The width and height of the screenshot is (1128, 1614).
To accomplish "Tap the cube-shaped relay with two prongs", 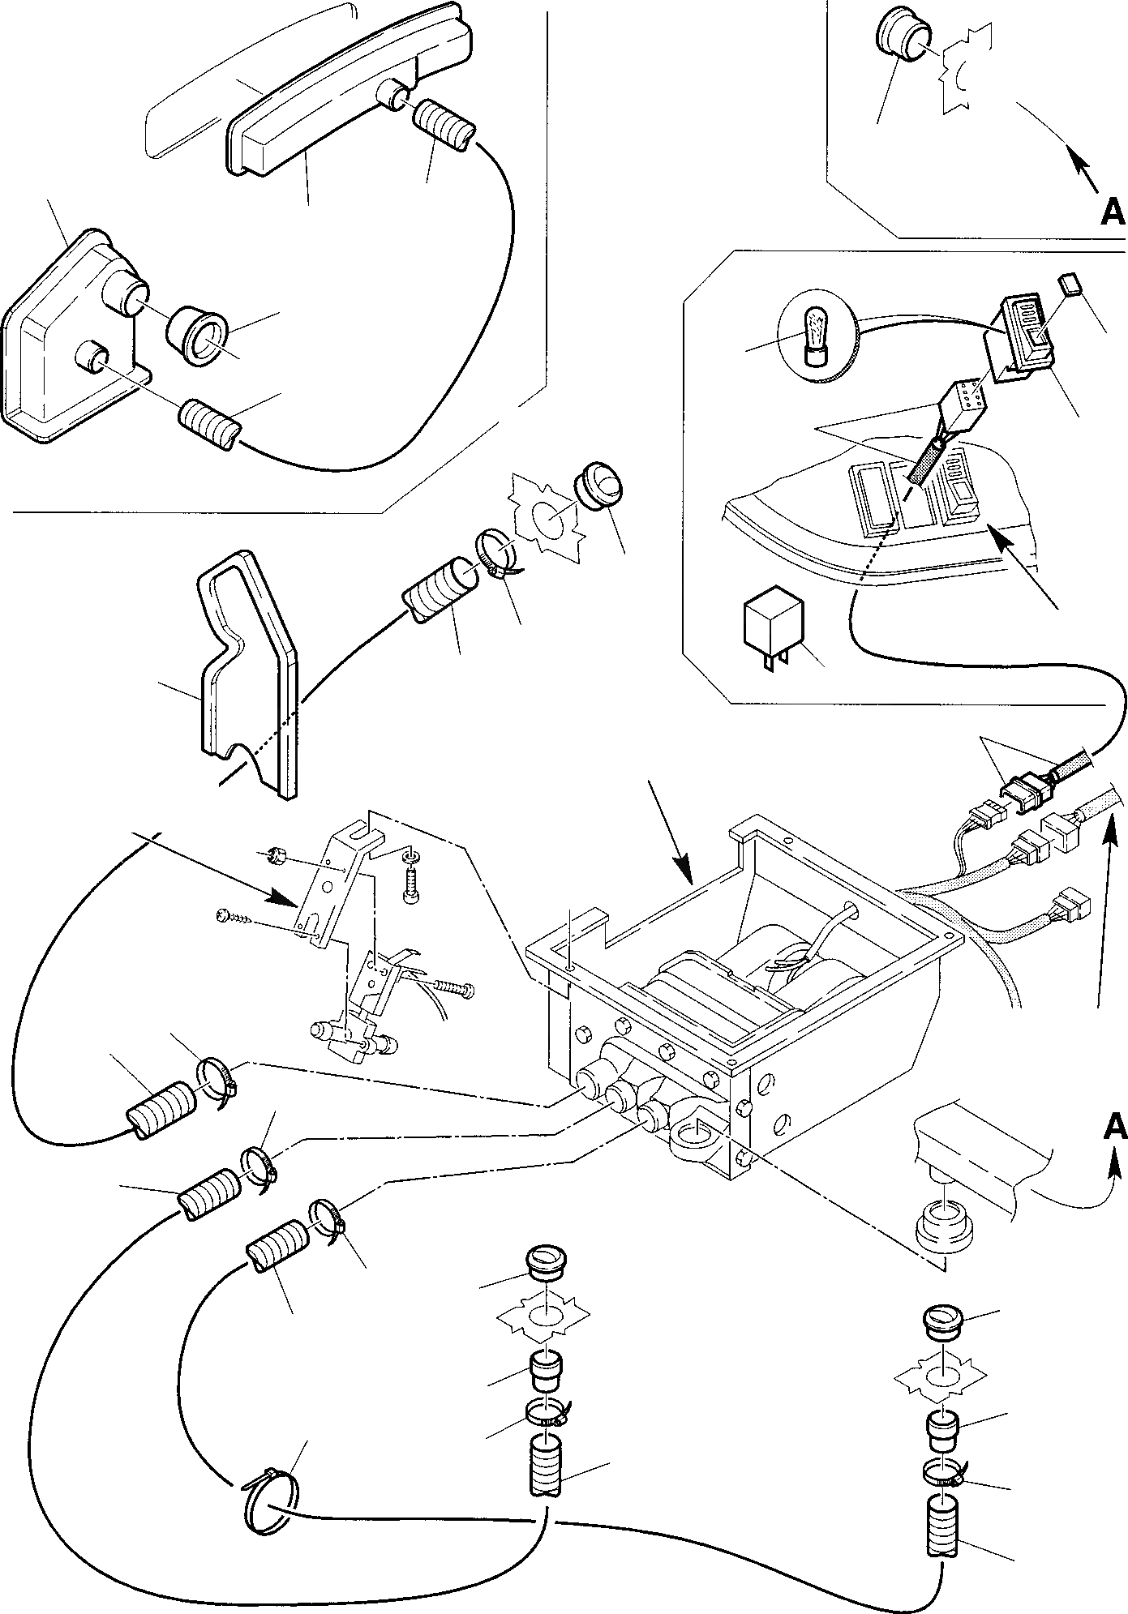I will tap(771, 625).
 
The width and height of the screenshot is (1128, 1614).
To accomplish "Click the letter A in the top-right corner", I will tap(1113, 212).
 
